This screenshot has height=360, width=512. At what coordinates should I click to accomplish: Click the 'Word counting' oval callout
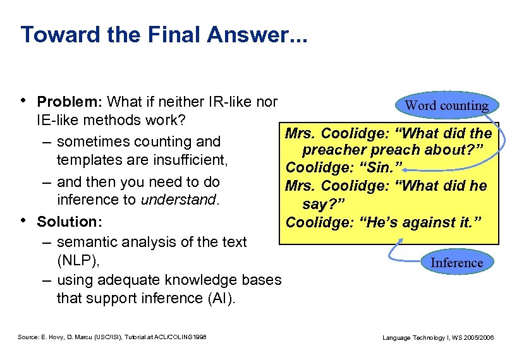pos(447,105)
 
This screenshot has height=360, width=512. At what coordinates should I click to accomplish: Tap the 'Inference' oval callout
pos(456,262)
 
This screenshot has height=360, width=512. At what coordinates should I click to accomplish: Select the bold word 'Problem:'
pos(70,102)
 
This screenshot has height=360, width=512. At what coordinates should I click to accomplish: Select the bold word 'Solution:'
pos(70,222)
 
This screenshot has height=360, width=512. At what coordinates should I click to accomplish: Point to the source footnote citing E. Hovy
pos(117,338)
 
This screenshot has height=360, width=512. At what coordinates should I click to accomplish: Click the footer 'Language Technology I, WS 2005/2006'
pos(438,338)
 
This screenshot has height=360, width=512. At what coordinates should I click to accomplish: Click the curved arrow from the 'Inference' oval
pos(398,249)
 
